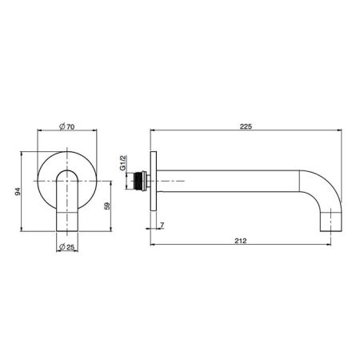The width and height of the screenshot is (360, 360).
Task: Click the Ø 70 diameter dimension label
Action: (67, 126)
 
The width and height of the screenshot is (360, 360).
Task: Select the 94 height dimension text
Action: (18, 191)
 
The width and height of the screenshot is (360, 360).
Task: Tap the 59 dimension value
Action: (107, 206)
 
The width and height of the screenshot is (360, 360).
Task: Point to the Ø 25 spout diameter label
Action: (66, 247)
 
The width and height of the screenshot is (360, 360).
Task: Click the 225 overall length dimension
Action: (246, 126)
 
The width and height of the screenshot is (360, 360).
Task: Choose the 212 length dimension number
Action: (241, 241)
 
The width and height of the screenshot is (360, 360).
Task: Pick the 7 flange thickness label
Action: (162, 226)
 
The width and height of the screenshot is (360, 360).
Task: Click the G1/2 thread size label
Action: (122, 162)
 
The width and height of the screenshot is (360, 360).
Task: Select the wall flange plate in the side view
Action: (154, 181)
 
